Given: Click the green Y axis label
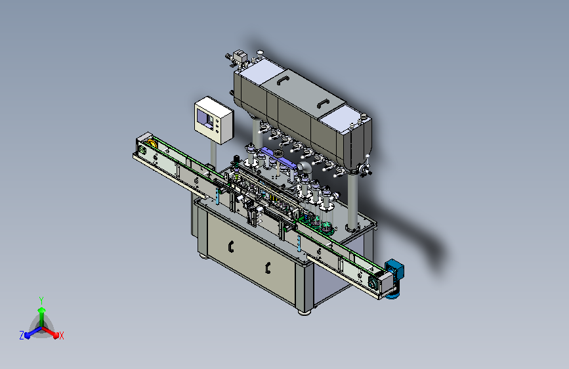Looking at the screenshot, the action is point(41,300).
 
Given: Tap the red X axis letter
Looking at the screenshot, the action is point(61,336).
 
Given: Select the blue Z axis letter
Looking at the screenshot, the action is point(22,336).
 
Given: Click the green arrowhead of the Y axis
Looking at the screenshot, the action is point(42,310).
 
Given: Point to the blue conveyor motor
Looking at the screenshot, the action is point(394,278).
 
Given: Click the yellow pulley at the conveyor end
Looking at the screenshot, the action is point(152,142).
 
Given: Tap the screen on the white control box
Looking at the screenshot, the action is point(205,118).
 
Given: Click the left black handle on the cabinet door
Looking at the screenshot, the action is point(231,247).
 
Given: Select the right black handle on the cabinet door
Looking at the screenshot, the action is point(268,268).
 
